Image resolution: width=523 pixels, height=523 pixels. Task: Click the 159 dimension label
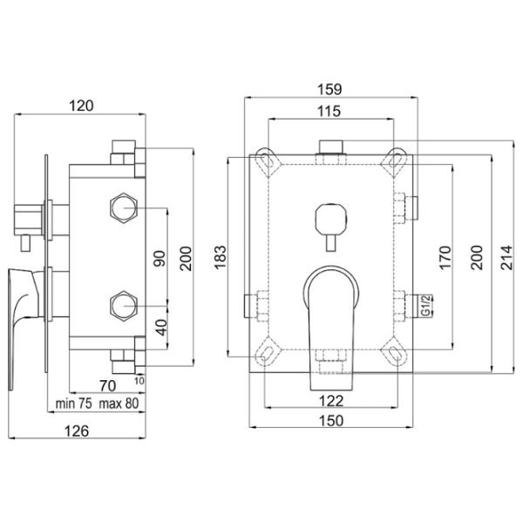(x=329, y=90)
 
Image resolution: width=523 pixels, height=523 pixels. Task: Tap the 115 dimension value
(x=329, y=112)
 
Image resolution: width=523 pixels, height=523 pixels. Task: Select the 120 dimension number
(x=81, y=106)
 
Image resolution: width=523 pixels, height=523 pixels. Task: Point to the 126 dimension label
(x=77, y=431)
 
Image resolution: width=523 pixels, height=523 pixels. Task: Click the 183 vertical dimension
(x=221, y=257)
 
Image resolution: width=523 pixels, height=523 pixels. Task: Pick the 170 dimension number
(x=445, y=257)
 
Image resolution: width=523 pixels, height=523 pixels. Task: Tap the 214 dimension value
(x=506, y=257)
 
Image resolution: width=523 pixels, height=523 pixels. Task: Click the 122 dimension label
(x=331, y=401)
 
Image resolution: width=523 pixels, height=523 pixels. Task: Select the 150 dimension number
(x=331, y=421)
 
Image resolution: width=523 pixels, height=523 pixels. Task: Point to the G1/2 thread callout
(x=425, y=305)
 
